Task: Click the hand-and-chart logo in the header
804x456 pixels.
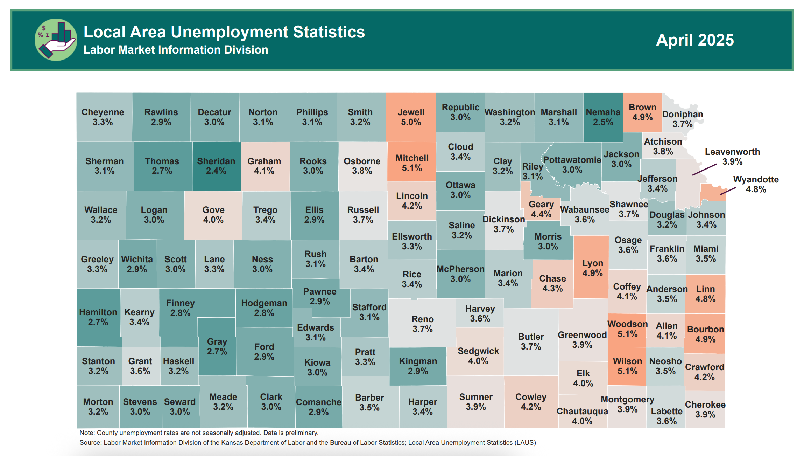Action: coord(56,40)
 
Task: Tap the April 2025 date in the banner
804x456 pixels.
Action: coord(695,40)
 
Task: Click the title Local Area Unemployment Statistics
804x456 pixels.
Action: coord(224,32)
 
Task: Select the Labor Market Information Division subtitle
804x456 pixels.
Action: coord(176,50)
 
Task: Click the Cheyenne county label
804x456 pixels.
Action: coord(103,112)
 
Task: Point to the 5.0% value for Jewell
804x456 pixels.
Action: coord(411,122)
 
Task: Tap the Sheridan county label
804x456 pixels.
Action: coord(216,161)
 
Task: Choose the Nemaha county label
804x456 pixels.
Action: coord(603,112)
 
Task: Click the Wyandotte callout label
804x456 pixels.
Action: coord(756,179)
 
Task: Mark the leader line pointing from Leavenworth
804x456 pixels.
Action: coord(704,170)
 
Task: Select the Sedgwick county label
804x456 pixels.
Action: coord(478,351)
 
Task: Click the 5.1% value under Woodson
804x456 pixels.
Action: coord(627,334)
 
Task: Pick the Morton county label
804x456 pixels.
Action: coord(98,402)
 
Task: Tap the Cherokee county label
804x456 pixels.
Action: coord(705,405)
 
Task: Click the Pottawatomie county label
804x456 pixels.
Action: coord(572,160)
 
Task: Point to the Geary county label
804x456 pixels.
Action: coord(541,204)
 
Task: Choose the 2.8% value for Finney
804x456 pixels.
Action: coord(180,313)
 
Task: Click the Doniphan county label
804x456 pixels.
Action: coord(682,114)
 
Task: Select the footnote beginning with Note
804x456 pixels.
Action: coord(199,433)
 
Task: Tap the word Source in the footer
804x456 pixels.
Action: coord(90,443)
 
